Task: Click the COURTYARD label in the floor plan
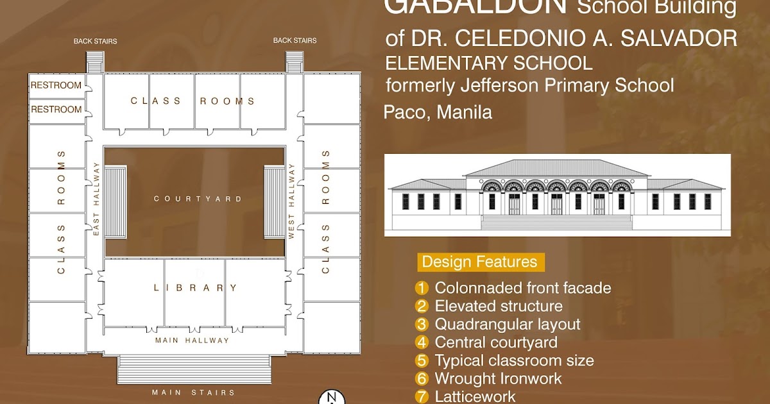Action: tap(198, 199)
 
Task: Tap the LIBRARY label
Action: tap(195, 288)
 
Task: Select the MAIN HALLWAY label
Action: tap(192, 341)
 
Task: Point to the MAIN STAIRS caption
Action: tap(193, 392)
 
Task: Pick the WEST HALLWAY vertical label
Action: tap(291, 201)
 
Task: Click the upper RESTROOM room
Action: tap(56, 85)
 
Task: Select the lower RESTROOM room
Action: tap(56, 109)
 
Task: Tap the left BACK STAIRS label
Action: tap(95, 41)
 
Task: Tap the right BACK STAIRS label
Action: tap(295, 40)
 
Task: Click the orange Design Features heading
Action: tap(479, 262)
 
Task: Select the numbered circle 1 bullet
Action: tap(422, 288)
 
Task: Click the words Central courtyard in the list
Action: tap(496, 342)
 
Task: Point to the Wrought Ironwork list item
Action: tap(498, 378)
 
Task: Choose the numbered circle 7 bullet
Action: tap(422, 396)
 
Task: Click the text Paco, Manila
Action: tap(438, 112)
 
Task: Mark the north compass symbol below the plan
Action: tap(331, 398)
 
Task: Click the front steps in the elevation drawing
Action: tap(556, 223)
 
